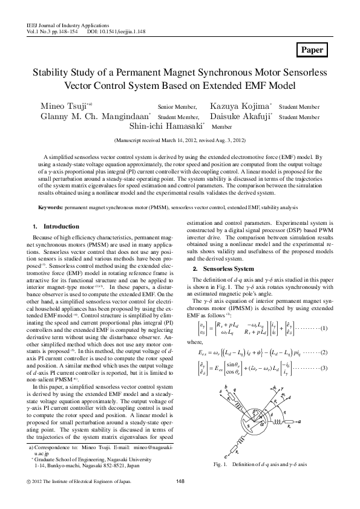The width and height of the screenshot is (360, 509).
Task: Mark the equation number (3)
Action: tap(324, 368)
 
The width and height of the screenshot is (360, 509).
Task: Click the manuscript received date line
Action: tap(180, 140)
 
